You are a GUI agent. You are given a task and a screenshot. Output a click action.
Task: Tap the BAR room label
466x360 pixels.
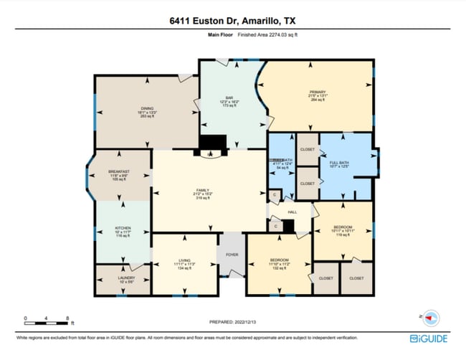(230, 98)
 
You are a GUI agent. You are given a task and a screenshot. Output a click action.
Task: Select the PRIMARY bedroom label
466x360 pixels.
(317, 92)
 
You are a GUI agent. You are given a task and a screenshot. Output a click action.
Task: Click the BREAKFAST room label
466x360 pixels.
(119, 171)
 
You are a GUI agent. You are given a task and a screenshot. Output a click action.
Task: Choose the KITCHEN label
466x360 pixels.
(122, 227)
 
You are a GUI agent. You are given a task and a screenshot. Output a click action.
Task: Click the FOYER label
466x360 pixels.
(232, 253)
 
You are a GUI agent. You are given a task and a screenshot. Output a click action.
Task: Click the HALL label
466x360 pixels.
(292, 212)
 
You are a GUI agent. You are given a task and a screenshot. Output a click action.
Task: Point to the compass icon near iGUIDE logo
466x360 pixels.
(432, 316)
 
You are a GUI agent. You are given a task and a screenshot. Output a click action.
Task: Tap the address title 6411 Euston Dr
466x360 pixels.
(233, 21)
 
